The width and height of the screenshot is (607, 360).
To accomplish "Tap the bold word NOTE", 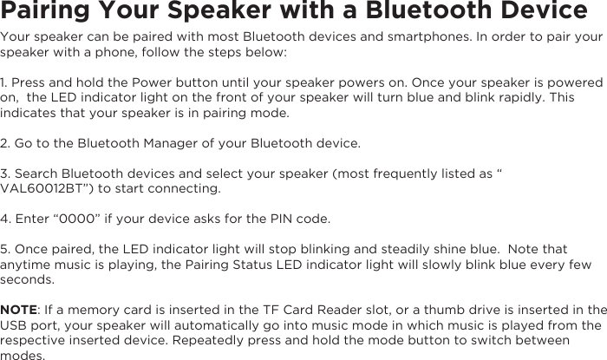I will pos(18,311).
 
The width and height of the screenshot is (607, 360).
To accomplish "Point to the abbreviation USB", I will pos(14,326).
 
